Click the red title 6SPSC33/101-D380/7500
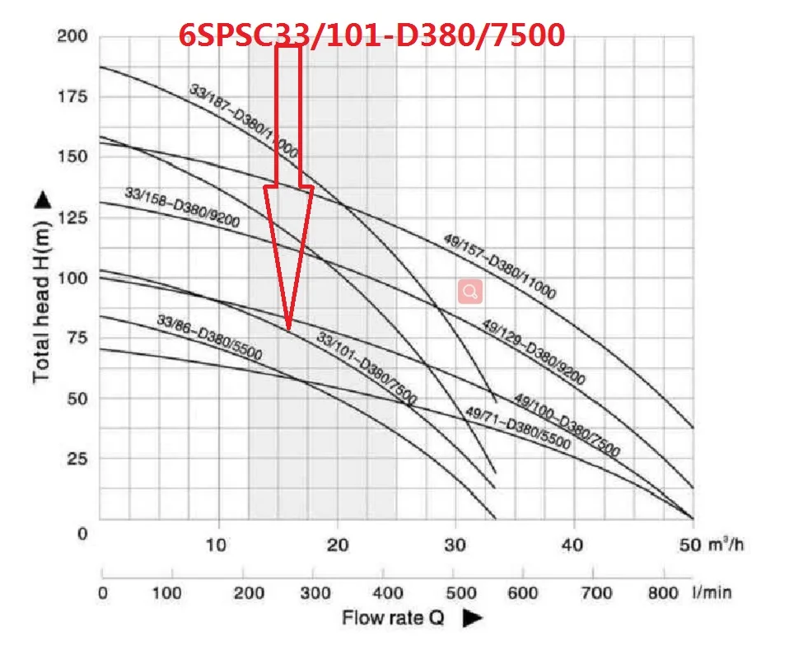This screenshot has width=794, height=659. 372,35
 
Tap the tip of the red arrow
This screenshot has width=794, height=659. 288,329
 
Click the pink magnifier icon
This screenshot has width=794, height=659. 470,292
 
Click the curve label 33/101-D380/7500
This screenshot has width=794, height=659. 367,367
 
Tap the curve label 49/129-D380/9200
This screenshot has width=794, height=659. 533,353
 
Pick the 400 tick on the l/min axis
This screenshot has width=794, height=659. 384,592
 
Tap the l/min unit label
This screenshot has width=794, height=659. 712,592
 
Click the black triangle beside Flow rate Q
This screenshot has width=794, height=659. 472,617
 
